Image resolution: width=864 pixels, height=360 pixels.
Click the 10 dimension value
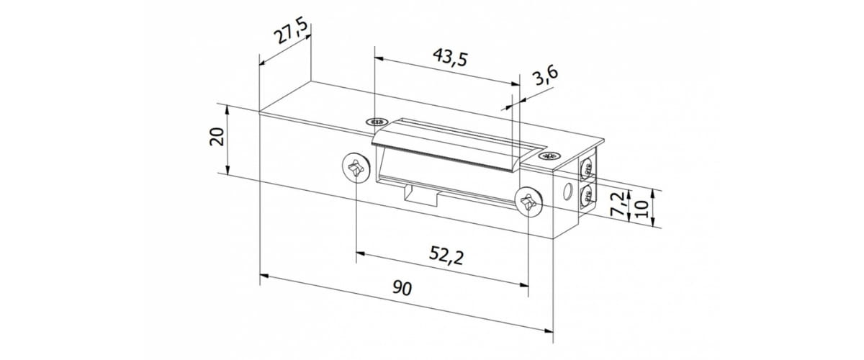click(644, 208)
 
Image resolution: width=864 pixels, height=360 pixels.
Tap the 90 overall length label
click(402, 289)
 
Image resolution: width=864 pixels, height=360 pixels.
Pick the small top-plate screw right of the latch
click(551, 156)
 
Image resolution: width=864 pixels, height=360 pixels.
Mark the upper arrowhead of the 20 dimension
click(228, 110)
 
